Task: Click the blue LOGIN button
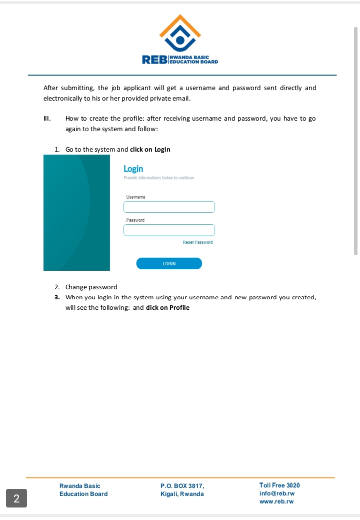[x=169, y=263]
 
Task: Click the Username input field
[x=169, y=207]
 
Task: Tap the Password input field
[x=169, y=230]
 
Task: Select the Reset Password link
[x=197, y=242]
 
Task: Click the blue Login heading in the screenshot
[x=133, y=169]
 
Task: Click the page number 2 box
[x=16, y=498]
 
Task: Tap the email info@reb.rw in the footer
[x=276, y=493]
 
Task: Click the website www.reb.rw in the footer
[x=276, y=501]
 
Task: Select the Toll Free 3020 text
[x=279, y=485]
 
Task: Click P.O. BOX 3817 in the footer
[x=182, y=486]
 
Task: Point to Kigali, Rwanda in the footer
[x=182, y=494]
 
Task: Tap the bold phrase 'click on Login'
[x=150, y=149]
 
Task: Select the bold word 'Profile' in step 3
[x=179, y=307]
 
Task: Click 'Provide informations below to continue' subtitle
[x=158, y=178]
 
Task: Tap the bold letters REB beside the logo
[x=154, y=61]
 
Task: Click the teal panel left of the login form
[x=76, y=213]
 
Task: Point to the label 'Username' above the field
[x=135, y=197]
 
